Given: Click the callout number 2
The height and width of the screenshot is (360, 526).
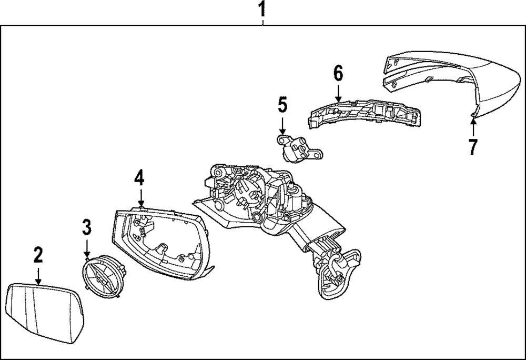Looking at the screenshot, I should (38, 255).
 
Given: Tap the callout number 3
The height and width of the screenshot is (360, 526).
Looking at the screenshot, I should (87, 227).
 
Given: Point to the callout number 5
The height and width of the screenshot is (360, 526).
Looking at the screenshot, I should (282, 105).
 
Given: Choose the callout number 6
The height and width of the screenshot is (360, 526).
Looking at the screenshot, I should (338, 73).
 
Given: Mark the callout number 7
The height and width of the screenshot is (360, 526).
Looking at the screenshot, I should (473, 146).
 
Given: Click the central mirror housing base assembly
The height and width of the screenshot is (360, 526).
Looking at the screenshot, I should (263, 205).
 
